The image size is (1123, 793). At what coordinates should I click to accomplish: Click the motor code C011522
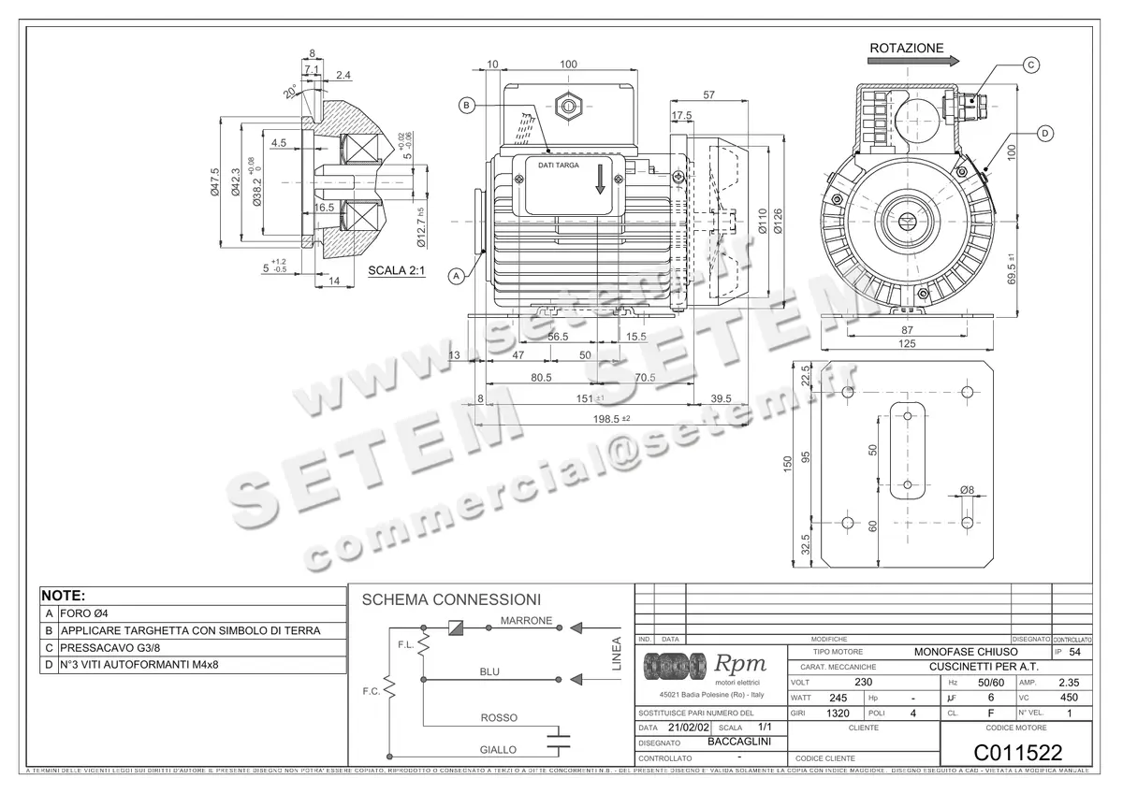coord(1018,752)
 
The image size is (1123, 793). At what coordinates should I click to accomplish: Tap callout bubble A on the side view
coord(457,276)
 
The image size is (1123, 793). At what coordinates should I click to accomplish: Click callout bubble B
coord(467,106)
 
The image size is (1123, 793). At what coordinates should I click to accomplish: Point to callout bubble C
coord(1030,65)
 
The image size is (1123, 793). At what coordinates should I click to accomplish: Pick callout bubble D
coord(1044,134)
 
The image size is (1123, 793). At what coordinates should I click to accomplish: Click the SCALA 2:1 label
coord(396,271)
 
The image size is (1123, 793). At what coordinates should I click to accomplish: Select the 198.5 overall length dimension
coord(606,418)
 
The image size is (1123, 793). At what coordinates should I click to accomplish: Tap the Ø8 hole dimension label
coord(967,489)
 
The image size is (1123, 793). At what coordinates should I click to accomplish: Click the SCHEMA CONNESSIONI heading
coord(451,599)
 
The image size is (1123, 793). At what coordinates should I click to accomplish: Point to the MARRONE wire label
coord(526,621)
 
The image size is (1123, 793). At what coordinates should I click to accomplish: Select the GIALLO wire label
coord(499,749)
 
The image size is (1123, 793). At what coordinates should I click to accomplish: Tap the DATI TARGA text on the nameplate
coord(558,165)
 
